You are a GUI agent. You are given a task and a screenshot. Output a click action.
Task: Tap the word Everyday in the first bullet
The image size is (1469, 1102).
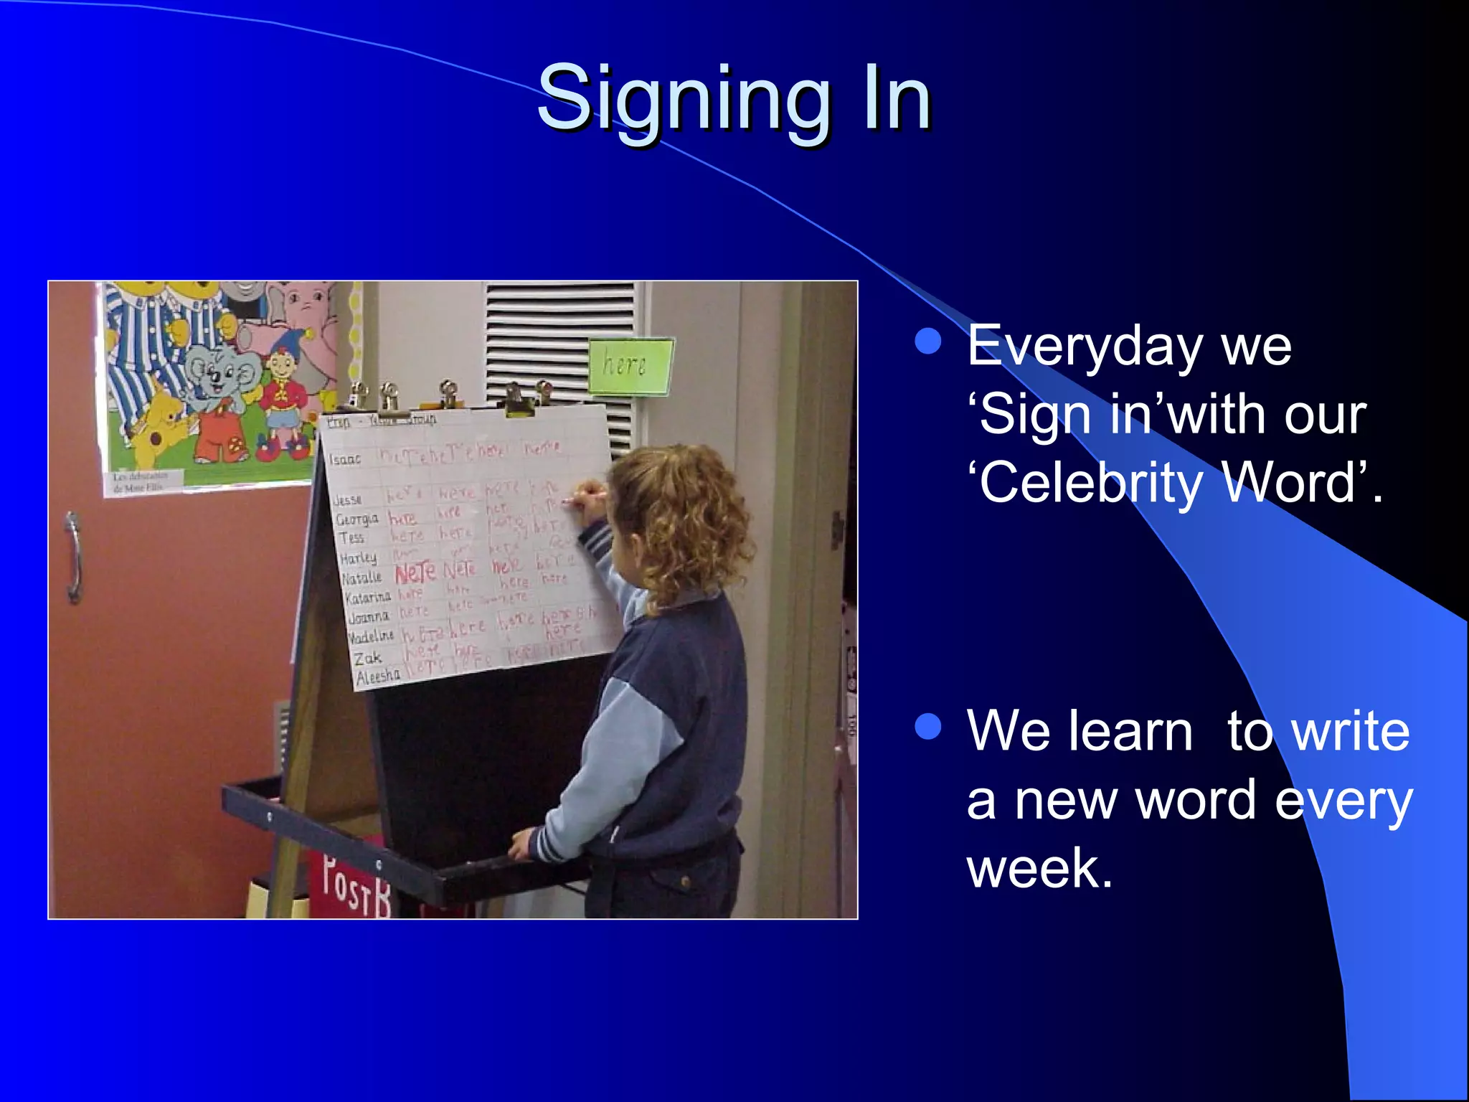1083,347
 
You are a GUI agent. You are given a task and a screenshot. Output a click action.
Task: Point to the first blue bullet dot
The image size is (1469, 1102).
928,342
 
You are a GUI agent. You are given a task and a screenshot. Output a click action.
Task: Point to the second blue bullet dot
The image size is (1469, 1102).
928,727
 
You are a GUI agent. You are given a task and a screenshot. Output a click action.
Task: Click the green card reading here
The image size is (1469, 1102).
630,366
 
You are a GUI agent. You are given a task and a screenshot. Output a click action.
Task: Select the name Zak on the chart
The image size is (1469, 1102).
367,657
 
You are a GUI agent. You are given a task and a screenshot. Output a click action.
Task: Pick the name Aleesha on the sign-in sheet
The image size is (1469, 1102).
378,676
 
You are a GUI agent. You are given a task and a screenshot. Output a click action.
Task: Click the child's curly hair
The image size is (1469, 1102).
681,517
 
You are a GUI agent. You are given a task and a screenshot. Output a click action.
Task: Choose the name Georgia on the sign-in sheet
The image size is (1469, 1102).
356,519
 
